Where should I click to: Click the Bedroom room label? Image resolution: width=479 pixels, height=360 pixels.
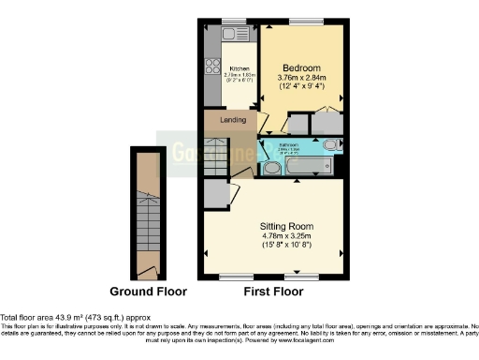point(302,68)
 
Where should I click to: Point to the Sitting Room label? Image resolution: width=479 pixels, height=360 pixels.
point(286,227)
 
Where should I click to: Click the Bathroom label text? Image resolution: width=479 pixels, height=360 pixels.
point(288,146)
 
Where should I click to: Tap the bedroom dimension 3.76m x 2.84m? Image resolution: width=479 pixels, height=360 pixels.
point(302,79)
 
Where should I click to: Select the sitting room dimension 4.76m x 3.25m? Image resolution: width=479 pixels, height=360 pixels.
point(286,238)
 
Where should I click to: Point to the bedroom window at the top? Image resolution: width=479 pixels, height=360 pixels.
point(304,21)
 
